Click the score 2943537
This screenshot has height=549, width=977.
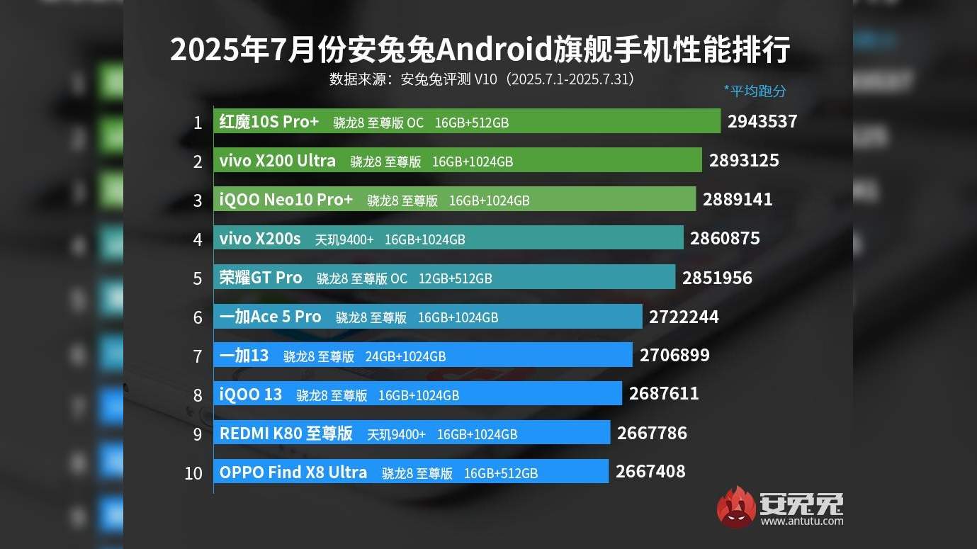click(762, 122)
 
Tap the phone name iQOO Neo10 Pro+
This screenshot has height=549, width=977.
click(286, 200)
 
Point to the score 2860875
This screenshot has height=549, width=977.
click(725, 239)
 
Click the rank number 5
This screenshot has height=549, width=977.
click(198, 278)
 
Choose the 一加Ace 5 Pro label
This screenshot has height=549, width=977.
click(271, 317)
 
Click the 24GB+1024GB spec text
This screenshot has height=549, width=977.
click(405, 356)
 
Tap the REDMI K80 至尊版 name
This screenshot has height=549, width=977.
click(286, 434)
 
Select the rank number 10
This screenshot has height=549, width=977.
click(193, 473)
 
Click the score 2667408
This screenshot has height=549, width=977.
click(650, 472)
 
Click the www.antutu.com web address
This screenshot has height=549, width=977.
click(802, 521)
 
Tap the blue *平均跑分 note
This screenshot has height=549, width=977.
click(755, 91)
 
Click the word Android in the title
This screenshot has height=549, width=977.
click(493, 51)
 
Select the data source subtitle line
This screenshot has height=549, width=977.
click(481, 79)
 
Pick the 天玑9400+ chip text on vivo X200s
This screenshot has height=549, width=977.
click(344, 239)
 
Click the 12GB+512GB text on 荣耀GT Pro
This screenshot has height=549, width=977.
click(455, 278)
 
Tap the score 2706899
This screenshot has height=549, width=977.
click(674, 355)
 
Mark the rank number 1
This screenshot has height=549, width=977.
click(198, 123)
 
